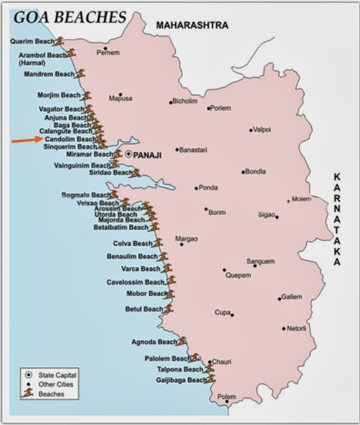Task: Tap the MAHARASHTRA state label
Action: (191, 25)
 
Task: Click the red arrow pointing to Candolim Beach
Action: (27, 140)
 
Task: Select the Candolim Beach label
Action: (70, 139)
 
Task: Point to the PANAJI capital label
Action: (147, 156)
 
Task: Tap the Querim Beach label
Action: (32, 42)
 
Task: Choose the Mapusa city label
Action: (121, 98)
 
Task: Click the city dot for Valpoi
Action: (251, 130)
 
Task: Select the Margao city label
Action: (187, 239)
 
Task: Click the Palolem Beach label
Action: (167, 358)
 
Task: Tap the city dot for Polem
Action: (227, 402)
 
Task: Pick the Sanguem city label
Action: (260, 261)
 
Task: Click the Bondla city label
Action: (256, 172)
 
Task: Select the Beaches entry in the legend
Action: (51, 394)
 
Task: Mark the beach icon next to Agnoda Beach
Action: (182, 340)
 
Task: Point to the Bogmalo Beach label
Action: (86, 195)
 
